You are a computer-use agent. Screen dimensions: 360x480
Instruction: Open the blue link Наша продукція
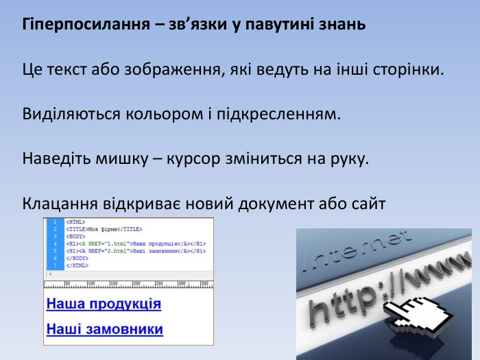click(x=104, y=304)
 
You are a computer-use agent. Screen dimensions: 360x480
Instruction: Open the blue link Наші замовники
click(x=104, y=329)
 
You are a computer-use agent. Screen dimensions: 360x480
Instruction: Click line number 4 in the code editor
click(x=54, y=243)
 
